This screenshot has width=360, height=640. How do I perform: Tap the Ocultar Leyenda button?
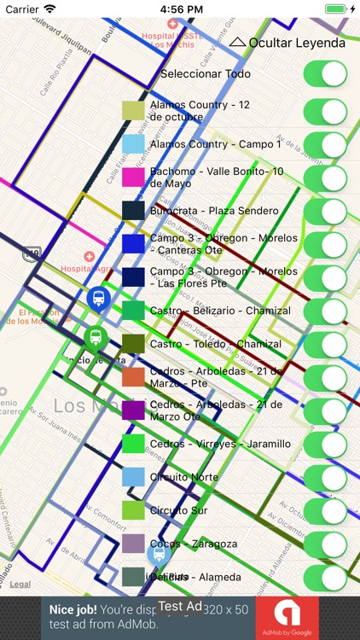287,43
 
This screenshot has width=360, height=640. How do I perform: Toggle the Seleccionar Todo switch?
325,74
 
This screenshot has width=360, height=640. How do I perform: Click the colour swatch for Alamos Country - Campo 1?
134,144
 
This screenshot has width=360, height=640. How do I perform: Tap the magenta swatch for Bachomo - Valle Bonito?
134,177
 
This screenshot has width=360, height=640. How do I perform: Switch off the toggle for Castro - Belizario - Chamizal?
325,311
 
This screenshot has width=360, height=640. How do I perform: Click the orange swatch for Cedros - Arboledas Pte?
134,377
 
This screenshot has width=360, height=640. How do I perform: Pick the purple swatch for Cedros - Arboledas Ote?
134,410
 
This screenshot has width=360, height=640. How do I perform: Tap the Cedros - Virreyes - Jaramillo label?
220,445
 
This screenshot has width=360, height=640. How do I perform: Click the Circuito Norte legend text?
184,478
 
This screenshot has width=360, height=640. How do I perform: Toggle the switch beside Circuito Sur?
325,511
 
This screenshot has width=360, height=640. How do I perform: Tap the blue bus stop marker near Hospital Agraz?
99,299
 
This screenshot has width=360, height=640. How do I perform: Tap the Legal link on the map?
20,585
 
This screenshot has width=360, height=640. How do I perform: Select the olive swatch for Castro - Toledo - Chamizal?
134,344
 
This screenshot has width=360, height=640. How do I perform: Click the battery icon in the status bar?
337,9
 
